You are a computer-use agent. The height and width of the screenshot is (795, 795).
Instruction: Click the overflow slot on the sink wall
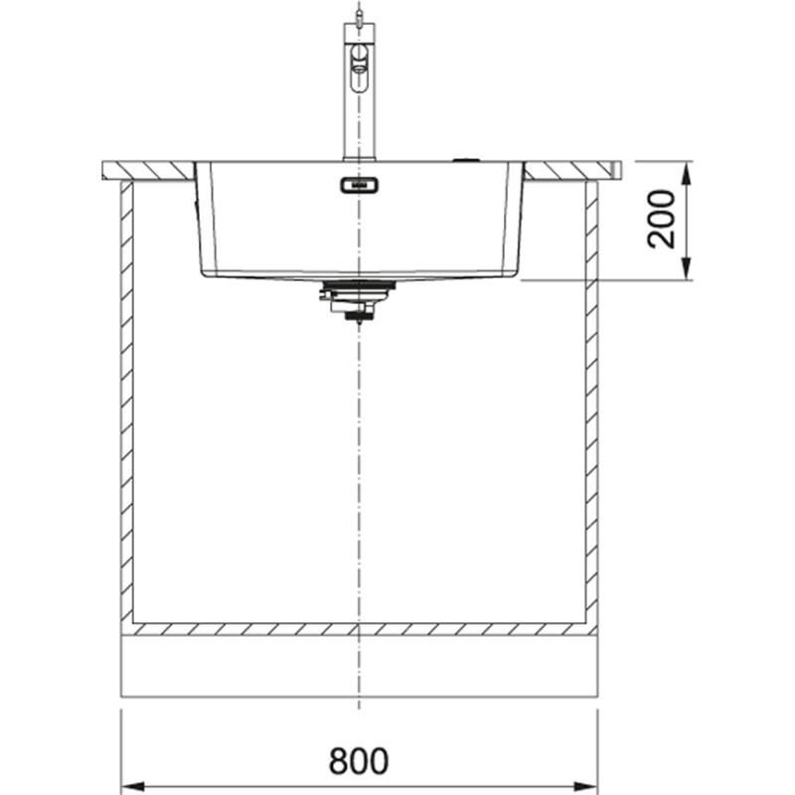359,185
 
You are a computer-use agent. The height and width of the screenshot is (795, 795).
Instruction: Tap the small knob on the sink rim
465,158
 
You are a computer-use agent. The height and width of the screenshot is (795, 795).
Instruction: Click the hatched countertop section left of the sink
148,171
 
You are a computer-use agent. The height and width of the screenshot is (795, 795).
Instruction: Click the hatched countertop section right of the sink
572,171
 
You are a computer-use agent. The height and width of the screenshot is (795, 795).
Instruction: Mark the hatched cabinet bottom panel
359,629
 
